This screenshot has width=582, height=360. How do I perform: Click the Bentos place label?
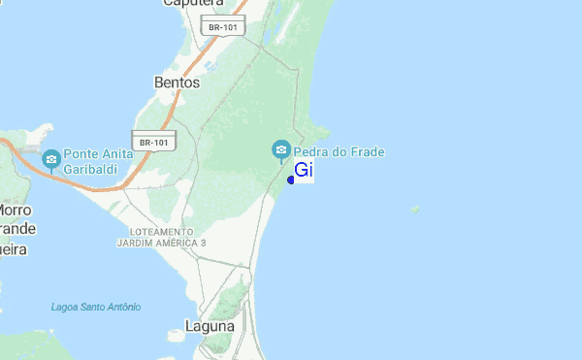(x=177, y=83)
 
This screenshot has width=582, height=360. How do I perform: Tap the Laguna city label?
(x=209, y=327)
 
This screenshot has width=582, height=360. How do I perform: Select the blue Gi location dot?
(x=291, y=179)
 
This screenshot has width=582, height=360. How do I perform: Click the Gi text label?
(x=303, y=171)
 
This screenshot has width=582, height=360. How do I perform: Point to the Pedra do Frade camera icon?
(x=281, y=149)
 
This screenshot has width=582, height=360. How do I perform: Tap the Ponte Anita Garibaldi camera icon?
(x=51, y=158)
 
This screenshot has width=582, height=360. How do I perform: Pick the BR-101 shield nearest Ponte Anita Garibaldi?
(x=153, y=142)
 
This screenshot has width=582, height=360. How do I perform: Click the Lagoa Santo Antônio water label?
(x=96, y=308)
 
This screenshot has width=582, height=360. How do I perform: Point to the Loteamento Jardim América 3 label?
(x=162, y=237)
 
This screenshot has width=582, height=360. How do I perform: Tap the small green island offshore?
(x=415, y=209)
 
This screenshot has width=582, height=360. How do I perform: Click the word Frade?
(x=369, y=151)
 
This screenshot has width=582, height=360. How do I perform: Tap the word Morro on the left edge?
(x=15, y=210)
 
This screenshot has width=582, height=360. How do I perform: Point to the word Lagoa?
(x=66, y=308)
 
